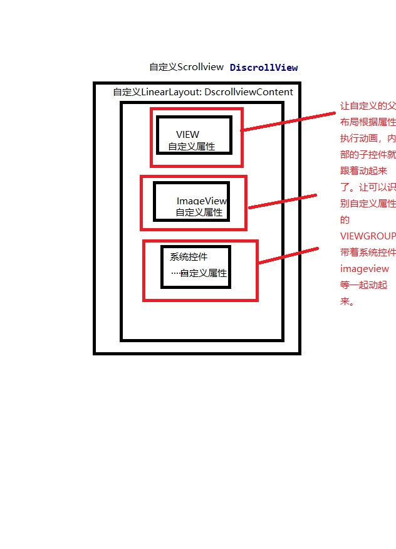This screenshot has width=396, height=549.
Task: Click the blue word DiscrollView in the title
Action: click(x=264, y=68)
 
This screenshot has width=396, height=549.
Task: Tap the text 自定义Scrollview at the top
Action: click(x=186, y=67)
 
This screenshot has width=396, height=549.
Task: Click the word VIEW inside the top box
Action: click(x=188, y=135)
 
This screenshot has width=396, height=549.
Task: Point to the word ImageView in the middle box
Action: click(x=201, y=201)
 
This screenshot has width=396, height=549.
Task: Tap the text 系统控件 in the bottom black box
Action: click(x=189, y=257)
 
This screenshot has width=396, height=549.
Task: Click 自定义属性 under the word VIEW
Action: click(x=191, y=147)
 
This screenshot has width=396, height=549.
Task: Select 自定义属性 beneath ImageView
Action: click(x=199, y=212)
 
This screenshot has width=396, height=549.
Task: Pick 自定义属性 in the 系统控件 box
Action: click(x=204, y=274)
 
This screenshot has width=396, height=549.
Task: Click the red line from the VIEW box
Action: click(x=288, y=122)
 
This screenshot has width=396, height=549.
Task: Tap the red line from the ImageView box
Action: click(x=283, y=201)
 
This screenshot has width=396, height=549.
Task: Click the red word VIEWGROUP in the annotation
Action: click(x=368, y=236)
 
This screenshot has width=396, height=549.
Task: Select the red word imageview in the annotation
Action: click(x=365, y=269)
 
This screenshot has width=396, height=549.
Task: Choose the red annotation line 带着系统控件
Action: click(x=368, y=253)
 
